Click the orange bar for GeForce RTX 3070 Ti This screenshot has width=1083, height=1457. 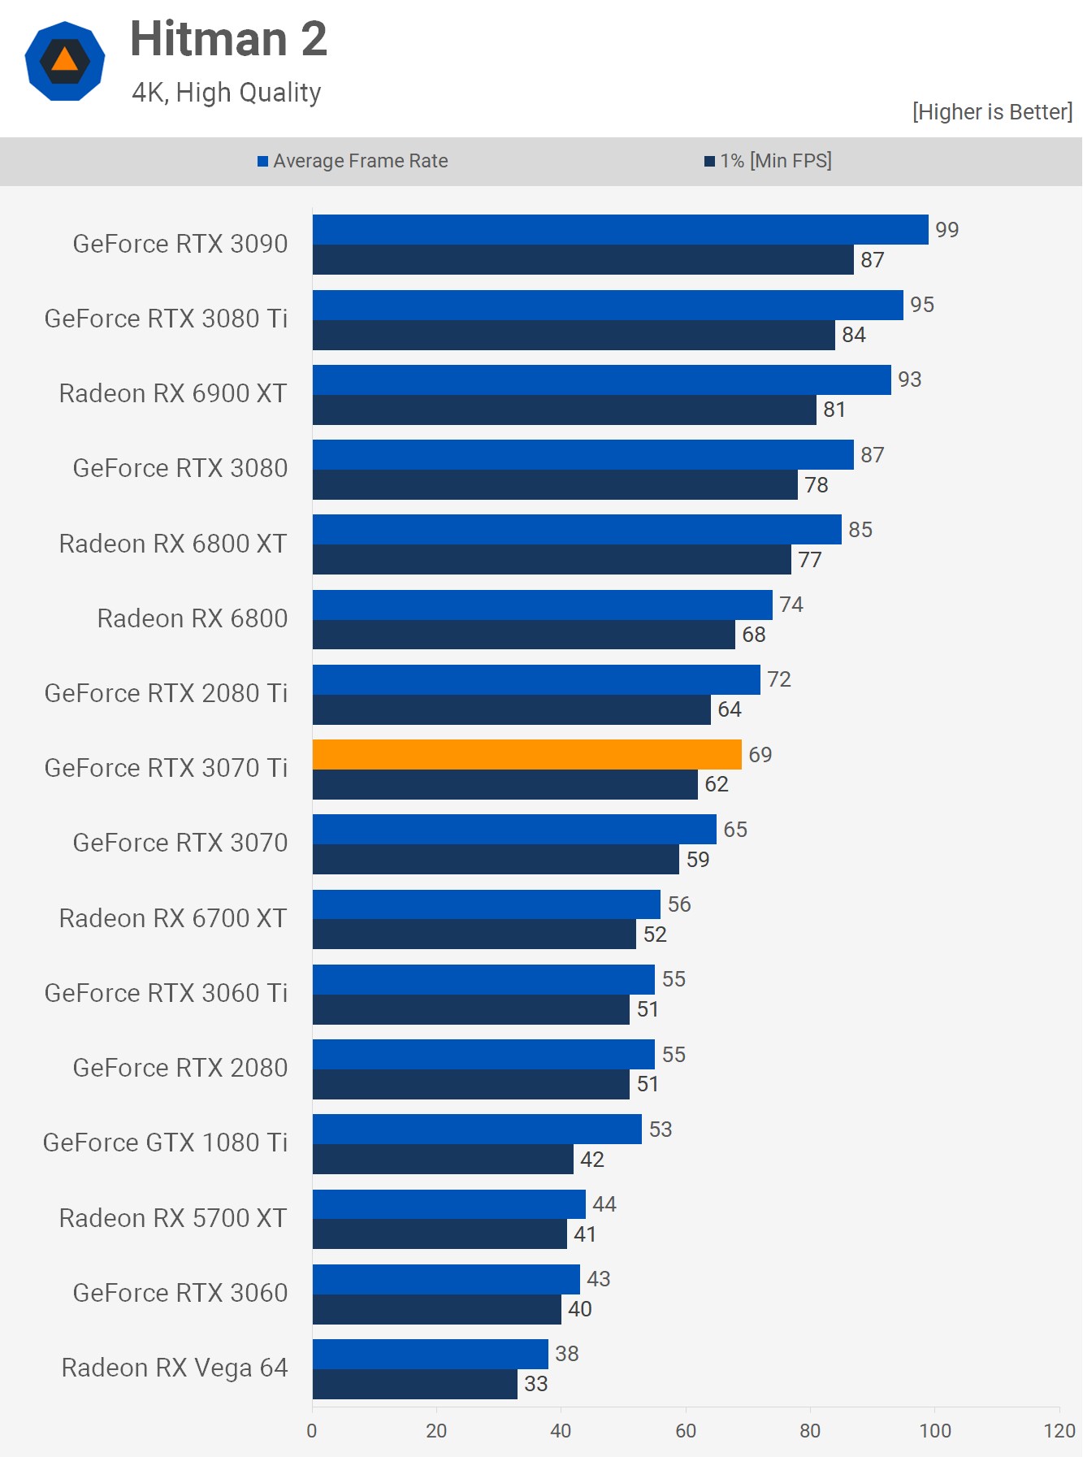click(526, 754)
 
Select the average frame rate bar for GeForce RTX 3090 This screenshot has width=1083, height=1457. click(620, 229)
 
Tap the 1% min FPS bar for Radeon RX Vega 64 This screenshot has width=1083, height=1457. click(414, 1384)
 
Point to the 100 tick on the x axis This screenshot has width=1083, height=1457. click(934, 1431)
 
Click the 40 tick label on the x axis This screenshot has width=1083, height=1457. click(561, 1431)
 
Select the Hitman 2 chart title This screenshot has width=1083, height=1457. click(228, 39)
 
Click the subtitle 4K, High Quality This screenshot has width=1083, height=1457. click(227, 93)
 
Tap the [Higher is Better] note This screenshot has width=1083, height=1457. click(992, 112)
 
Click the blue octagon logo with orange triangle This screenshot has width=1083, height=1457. click(65, 61)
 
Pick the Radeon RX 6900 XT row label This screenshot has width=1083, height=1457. click(173, 393)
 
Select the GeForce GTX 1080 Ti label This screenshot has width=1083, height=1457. click(166, 1143)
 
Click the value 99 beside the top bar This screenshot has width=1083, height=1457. click(947, 230)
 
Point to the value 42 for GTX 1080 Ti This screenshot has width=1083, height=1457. click(592, 1160)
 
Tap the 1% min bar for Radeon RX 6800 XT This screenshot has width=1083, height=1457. click(552, 560)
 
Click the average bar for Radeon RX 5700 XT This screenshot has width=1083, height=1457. click(448, 1204)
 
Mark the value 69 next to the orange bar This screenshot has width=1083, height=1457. click(760, 755)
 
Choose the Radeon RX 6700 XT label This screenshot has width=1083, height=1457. click(173, 918)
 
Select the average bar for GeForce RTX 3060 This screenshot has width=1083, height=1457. click(446, 1279)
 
